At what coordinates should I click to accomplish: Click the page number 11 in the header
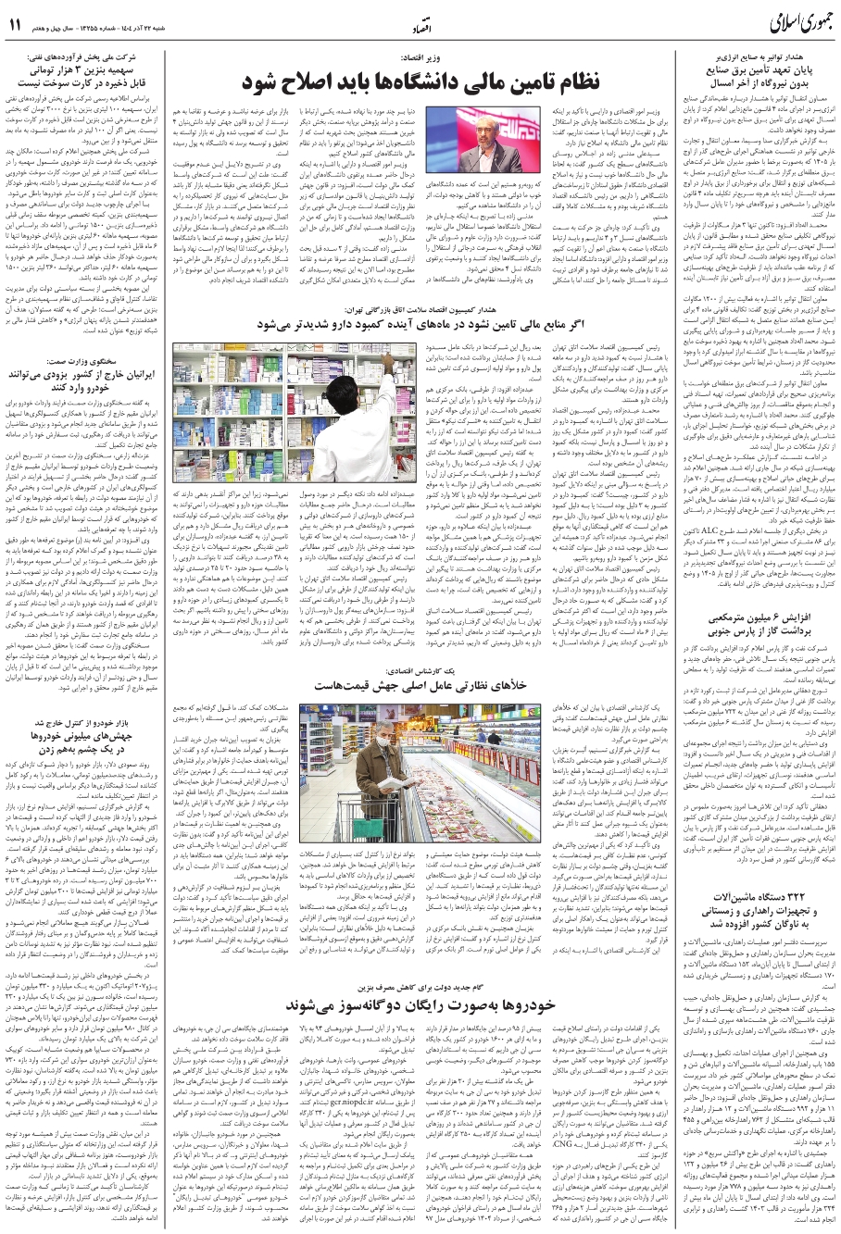click(x=17, y=26)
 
